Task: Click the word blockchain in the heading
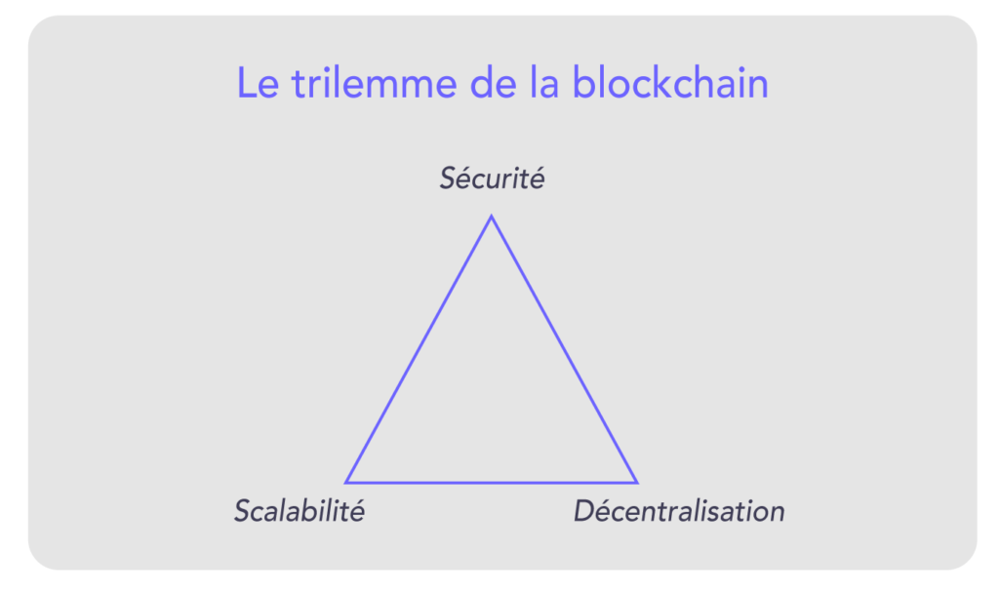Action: click(670, 84)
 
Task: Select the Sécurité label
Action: click(492, 179)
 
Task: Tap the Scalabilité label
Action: click(299, 511)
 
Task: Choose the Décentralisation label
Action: click(679, 511)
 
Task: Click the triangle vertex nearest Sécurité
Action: click(491, 218)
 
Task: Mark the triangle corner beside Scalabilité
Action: click(347, 482)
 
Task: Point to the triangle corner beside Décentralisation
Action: click(636, 482)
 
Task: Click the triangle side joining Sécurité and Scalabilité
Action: click(419, 349)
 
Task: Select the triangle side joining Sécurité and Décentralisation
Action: click(564, 349)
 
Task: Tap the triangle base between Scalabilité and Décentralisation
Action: click(492, 482)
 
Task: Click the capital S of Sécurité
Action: click(448, 179)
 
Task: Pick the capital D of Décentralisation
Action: click(583, 511)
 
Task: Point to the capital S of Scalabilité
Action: click(243, 511)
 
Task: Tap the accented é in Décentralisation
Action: click(605, 511)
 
